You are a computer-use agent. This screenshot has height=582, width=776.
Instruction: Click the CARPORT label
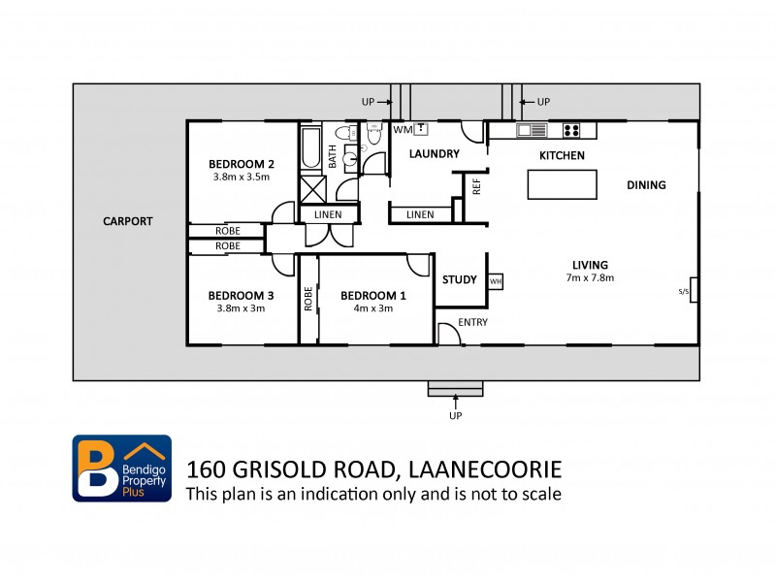click(x=128, y=221)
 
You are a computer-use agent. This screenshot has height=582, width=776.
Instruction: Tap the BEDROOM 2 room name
click(x=240, y=164)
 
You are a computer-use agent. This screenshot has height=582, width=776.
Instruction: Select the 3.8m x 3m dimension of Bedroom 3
click(x=240, y=308)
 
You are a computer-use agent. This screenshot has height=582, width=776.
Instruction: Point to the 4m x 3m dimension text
click(x=372, y=308)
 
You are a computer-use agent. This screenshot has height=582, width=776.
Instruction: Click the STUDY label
click(x=459, y=280)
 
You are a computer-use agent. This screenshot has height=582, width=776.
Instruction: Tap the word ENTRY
click(x=472, y=322)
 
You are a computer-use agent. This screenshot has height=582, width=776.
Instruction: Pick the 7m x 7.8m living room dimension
click(x=590, y=277)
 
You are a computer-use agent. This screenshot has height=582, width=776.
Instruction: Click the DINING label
click(x=646, y=185)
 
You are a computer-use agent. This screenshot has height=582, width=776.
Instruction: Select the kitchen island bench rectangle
click(x=563, y=183)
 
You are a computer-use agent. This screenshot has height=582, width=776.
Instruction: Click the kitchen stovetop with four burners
click(x=570, y=130)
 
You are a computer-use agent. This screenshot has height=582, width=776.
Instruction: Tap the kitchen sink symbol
click(x=532, y=130)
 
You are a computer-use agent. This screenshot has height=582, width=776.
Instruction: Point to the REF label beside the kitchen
click(x=476, y=186)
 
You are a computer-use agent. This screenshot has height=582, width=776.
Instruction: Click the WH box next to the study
click(x=496, y=281)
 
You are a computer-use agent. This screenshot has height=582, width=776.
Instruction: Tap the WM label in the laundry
click(x=402, y=129)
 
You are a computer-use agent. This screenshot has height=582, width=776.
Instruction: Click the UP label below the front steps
click(x=455, y=415)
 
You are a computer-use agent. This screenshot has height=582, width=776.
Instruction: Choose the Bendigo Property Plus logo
click(x=122, y=468)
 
